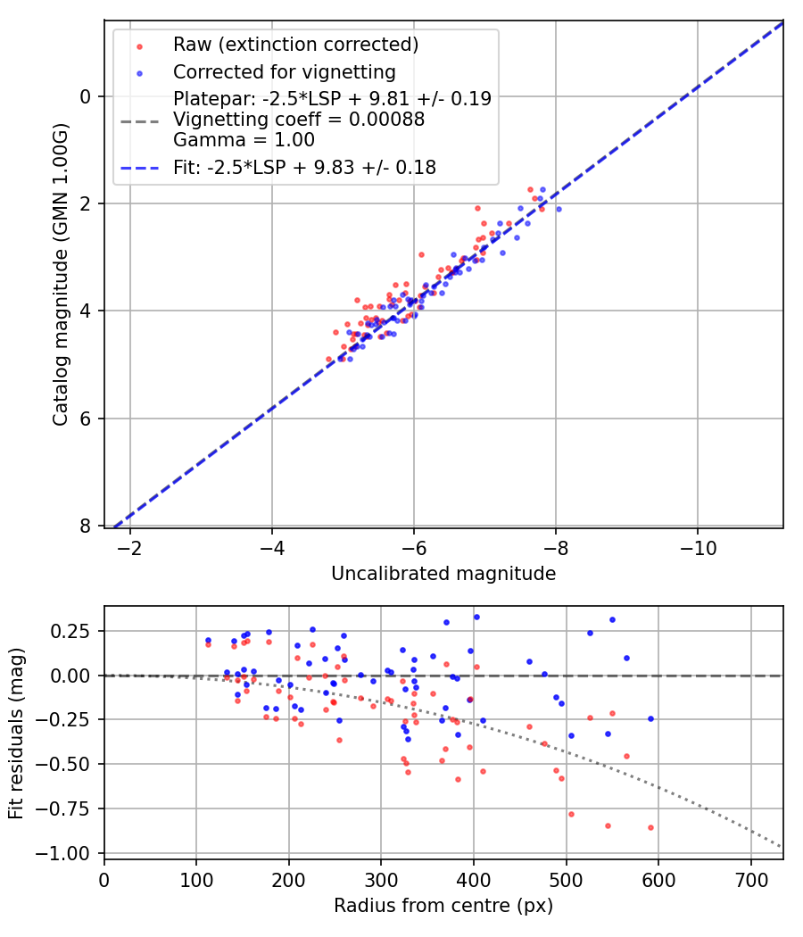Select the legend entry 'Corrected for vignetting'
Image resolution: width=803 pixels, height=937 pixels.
pos(285,71)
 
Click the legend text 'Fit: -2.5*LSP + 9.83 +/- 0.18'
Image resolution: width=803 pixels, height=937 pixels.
pos(304,167)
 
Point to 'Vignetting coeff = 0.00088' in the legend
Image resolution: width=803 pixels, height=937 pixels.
pos(299,119)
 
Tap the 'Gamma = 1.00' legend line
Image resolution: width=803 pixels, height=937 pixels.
pos(244,139)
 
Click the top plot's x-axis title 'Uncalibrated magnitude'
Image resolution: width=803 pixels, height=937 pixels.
pos(443,574)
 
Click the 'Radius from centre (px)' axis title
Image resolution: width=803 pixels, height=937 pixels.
pos(443,906)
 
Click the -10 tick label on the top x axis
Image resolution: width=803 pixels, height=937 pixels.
pos(698,547)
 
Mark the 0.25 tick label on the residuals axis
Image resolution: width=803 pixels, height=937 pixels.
pos(74,631)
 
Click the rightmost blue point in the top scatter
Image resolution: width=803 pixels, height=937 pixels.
pos(559,209)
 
